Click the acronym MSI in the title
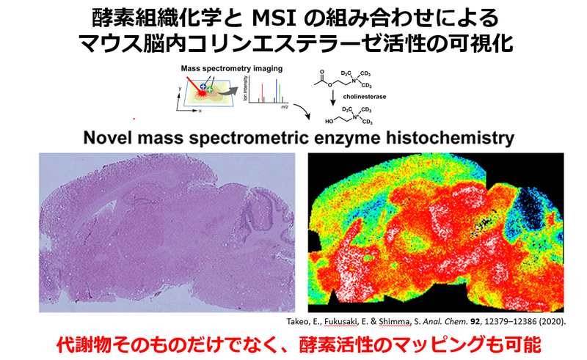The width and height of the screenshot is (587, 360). coord(271,15)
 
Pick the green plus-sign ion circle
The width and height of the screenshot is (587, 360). coord(210,89)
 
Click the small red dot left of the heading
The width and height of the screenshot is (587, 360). coord(134,119)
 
